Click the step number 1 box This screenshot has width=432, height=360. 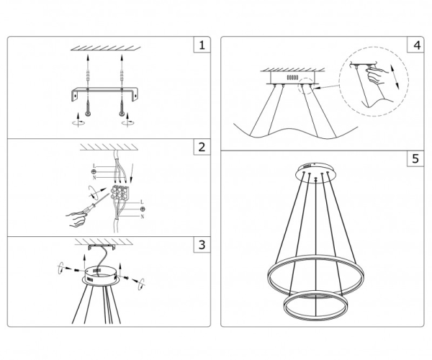point(202,45)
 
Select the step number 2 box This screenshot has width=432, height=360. point(202,147)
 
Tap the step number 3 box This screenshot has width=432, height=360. point(202,244)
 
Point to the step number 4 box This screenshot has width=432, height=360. point(415,45)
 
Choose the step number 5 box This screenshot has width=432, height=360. point(415,158)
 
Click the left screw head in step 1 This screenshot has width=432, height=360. point(88,114)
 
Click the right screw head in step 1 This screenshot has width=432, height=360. point(122,114)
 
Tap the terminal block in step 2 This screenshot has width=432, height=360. point(120,192)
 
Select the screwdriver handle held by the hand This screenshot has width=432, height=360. point(87,210)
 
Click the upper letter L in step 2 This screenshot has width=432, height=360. point(94,166)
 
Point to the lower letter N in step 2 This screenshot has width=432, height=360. point(142,217)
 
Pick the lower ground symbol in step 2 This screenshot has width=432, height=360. point(143,209)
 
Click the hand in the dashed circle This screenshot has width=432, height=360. point(377,75)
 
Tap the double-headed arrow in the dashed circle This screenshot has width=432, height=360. point(395,76)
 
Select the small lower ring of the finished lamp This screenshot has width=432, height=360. point(316,306)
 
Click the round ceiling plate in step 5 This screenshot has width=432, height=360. point(315,172)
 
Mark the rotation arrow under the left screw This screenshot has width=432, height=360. point(78,122)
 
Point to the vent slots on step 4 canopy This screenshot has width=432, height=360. point(292,78)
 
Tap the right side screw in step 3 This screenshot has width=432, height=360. point(126,277)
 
